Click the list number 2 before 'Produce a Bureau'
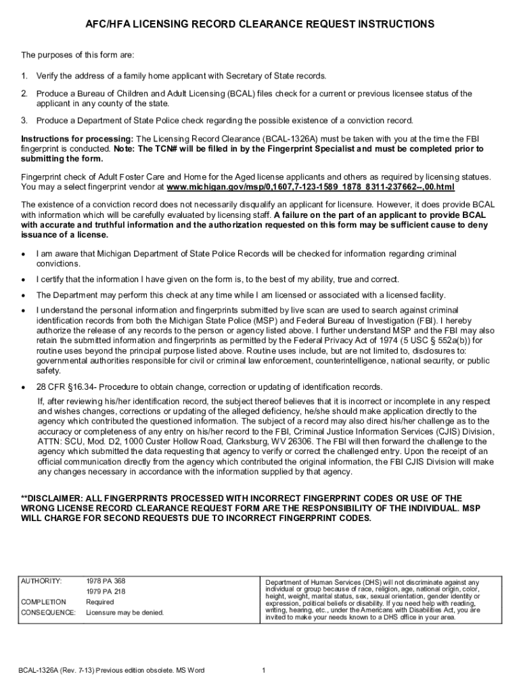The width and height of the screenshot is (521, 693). coord(24,93)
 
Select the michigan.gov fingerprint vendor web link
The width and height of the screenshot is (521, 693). coord(311,187)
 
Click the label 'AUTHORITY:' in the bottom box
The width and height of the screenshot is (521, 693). coord(42,581)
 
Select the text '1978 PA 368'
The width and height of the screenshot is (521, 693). coord(106,581)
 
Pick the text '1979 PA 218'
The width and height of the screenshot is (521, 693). coord(106,591)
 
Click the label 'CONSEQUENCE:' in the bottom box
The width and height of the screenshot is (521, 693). coord(48,612)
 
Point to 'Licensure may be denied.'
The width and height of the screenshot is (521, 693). coord(125,612)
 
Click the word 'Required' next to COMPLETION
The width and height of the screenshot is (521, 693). coord(100,602)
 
